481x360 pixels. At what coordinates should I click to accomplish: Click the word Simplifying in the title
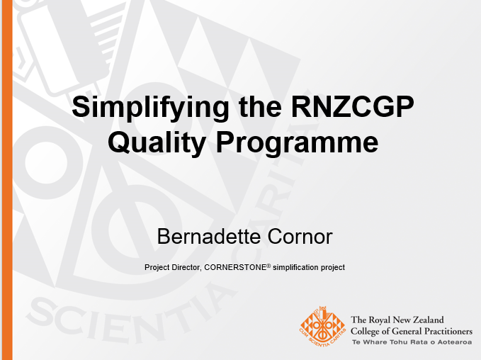(150, 108)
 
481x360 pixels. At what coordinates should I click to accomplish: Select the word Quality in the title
(157, 143)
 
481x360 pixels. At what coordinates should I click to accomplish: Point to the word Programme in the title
(297, 143)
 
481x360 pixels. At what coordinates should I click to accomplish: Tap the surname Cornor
(300, 237)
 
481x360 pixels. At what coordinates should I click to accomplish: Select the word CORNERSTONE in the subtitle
(235, 268)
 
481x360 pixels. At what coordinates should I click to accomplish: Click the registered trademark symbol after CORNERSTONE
(268, 266)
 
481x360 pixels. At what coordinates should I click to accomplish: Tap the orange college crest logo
(323, 327)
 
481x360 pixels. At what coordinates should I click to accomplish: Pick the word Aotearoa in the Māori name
(455, 342)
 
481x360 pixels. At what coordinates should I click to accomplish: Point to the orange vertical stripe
(7, 180)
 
